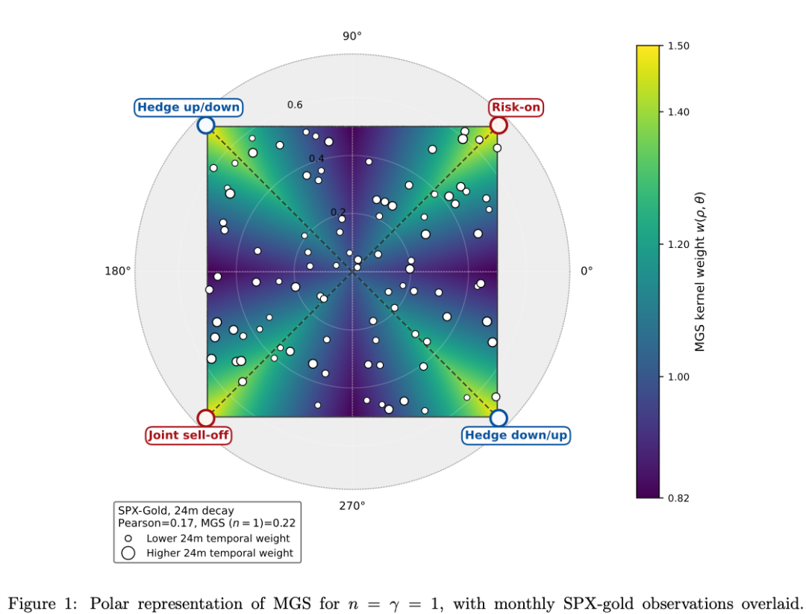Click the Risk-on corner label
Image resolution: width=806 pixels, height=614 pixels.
tap(516, 108)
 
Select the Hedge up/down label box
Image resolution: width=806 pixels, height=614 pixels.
tap(189, 108)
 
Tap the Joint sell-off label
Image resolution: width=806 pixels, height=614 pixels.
tap(189, 435)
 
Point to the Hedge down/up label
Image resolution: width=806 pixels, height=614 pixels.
tap(516, 435)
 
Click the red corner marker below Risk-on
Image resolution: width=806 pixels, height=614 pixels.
tap(498, 125)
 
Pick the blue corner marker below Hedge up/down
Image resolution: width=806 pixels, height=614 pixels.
tap(206, 125)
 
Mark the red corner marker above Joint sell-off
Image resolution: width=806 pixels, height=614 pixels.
tap(206, 418)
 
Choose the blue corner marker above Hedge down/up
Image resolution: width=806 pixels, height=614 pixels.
tap(498, 418)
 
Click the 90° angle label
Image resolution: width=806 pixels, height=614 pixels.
tap(352, 36)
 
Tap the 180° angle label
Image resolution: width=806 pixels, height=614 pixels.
tap(118, 271)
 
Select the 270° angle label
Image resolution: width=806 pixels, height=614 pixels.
tap(352, 506)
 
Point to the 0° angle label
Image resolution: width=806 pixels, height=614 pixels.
tap(587, 271)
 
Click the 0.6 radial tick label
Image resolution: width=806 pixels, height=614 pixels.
tap(295, 105)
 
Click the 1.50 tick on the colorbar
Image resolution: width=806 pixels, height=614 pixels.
tap(678, 46)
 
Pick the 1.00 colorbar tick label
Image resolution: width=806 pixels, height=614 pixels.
tap(678, 376)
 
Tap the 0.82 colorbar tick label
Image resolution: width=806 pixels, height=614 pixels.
tap(678, 497)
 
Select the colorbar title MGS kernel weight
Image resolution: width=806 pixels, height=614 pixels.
tap(699, 272)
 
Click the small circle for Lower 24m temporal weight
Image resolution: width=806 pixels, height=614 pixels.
tap(128, 539)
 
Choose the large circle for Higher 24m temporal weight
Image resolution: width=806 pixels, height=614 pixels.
tap(128, 553)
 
